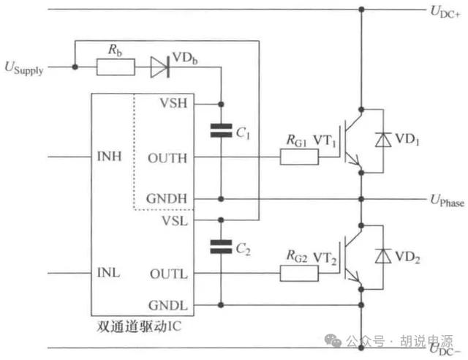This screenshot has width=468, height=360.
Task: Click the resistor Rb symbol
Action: (x=116, y=67)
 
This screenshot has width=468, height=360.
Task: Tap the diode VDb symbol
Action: (x=160, y=67)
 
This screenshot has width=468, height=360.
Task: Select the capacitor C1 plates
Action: (x=221, y=130)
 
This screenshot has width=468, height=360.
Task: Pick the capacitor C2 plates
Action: (x=221, y=247)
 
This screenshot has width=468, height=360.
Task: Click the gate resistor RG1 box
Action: (x=299, y=157)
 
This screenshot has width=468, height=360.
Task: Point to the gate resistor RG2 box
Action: (x=299, y=273)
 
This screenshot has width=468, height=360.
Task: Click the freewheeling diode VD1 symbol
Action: (x=383, y=140)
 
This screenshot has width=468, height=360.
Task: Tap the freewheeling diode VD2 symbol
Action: (x=383, y=256)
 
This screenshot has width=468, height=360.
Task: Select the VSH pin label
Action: (x=174, y=103)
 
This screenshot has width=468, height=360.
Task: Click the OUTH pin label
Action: (x=167, y=158)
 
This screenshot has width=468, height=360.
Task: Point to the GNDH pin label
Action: (x=167, y=198)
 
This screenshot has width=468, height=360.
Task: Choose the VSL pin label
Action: (x=175, y=221)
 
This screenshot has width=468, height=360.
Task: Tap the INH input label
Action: (x=109, y=157)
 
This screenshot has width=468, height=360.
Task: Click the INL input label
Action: (x=109, y=272)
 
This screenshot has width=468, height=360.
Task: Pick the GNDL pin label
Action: (x=168, y=305)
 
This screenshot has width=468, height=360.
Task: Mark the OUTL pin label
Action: (x=169, y=274)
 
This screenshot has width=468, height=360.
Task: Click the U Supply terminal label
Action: (x=24, y=68)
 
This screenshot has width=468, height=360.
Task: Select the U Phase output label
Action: (x=447, y=200)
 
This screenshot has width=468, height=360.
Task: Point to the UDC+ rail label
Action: (x=445, y=12)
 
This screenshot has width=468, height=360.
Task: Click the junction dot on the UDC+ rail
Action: (x=361, y=10)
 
